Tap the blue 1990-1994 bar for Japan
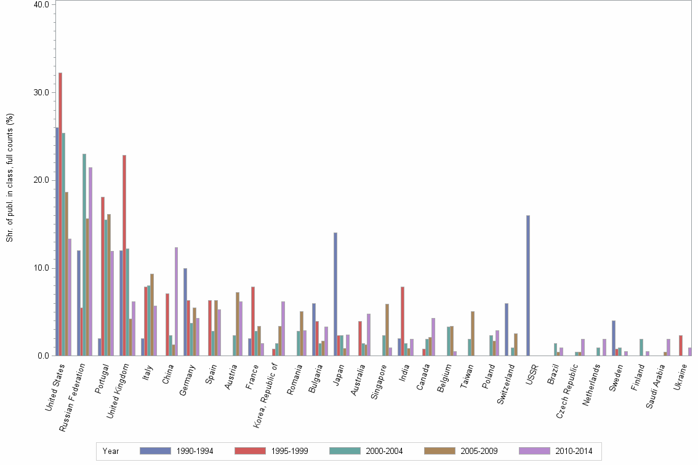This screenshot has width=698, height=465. click(x=335, y=294)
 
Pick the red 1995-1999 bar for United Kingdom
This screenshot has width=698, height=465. click(x=124, y=255)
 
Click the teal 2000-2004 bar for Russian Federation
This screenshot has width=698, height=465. click(x=84, y=255)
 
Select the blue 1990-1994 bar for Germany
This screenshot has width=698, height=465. click(x=185, y=312)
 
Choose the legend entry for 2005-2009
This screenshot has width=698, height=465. click(x=461, y=451)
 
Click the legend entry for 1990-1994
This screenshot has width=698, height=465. click(x=177, y=451)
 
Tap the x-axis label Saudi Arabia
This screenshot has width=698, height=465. click(x=659, y=380)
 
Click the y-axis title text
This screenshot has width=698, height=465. click(x=9, y=178)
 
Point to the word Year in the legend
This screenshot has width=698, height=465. click(x=111, y=451)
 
